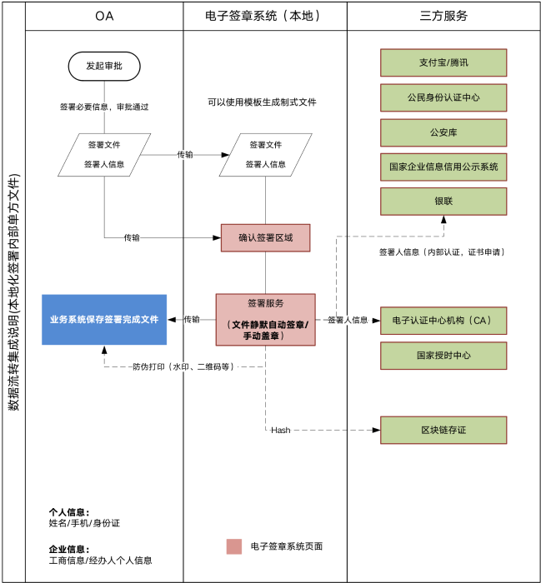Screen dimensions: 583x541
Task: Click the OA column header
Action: (104, 16)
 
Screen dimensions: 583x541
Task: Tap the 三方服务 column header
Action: (443, 16)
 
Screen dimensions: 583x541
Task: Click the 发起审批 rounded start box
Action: (104, 66)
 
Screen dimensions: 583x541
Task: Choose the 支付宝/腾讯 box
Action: (443, 62)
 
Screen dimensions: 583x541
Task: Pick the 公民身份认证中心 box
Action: (443, 97)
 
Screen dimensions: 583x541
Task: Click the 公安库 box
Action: (443, 132)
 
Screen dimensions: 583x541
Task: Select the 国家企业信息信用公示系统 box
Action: (443, 167)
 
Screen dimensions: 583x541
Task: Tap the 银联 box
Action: (443, 201)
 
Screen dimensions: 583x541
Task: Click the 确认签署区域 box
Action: (265, 237)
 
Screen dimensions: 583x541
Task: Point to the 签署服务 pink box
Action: (265, 319)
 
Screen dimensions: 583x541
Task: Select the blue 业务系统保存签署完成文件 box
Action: (104, 319)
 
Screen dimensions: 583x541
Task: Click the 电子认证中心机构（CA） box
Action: (443, 321)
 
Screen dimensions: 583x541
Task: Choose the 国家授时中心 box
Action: (443, 356)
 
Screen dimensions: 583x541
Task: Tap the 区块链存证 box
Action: (443, 430)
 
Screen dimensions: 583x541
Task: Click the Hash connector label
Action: (280, 431)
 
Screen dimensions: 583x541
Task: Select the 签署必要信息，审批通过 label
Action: (104, 107)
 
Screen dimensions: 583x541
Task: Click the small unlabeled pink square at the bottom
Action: (234, 546)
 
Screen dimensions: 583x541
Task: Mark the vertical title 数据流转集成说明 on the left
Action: (13, 291)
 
